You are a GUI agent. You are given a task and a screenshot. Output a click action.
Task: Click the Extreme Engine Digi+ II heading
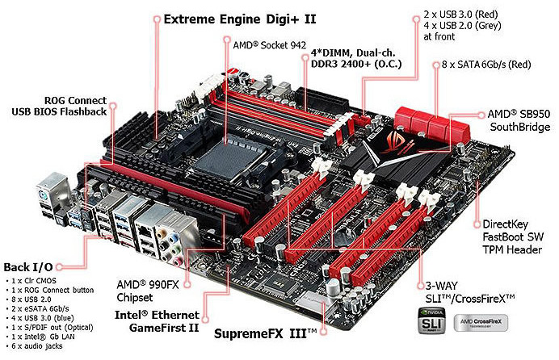pos(240,19)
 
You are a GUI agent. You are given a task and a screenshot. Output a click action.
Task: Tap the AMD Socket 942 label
pos(269,45)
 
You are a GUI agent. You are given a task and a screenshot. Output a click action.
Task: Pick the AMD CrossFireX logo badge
pos(481,323)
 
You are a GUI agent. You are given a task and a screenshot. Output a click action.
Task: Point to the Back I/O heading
pos(28,267)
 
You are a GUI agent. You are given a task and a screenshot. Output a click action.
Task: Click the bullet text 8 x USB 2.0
pos(31,299)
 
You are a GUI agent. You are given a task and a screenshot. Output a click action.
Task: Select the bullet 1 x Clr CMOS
pos(33,281)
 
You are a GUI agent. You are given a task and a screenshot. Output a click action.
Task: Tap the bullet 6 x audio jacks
pos(36,345)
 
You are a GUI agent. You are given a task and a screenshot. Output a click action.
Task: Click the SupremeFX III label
pos(265,334)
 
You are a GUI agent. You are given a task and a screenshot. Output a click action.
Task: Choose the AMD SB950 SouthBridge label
pos(519,120)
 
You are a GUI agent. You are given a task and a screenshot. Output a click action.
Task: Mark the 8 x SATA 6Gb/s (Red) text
pos(486,65)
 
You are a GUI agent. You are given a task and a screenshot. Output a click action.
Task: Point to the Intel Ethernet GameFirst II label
pos(157,321)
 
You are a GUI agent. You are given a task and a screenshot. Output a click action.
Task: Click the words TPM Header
pos(512,249)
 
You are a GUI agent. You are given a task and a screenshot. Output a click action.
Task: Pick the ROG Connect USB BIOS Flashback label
pos(59,106)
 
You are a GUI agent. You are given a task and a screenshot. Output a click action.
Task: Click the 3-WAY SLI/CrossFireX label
pos(470,292)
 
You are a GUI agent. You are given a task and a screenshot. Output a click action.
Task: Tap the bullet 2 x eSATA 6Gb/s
pos(40,308)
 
